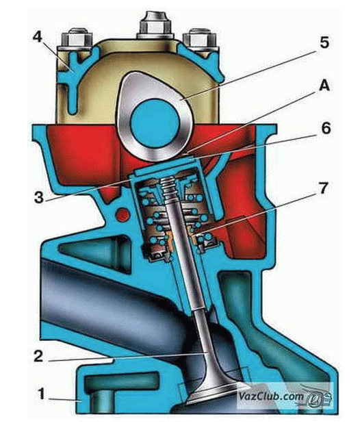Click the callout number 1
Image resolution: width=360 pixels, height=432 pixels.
[x=41, y=394]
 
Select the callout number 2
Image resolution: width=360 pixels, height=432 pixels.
[x=38, y=356]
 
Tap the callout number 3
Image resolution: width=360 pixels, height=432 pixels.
[x=39, y=197]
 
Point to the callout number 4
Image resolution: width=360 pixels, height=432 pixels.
[x=38, y=37]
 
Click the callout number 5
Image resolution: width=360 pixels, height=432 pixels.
[x=324, y=42]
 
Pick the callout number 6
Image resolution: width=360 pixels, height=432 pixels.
[x=326, y=128]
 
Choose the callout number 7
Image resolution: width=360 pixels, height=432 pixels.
[x=323, y=188]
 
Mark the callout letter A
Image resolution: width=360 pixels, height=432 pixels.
[x=324, y=86]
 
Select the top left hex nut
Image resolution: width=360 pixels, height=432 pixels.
[x=75, y=38]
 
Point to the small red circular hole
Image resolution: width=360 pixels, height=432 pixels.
[x=123, y=214]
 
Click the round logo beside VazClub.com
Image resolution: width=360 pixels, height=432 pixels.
[x=315, y=398]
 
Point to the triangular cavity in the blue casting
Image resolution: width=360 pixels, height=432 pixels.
[x=94, y=249]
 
